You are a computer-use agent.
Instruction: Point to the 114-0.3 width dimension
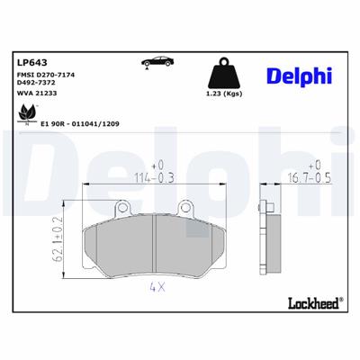point(155,177)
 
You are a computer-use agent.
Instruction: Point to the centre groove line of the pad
point(155,240)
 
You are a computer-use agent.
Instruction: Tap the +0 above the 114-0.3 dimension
point(157,165)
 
